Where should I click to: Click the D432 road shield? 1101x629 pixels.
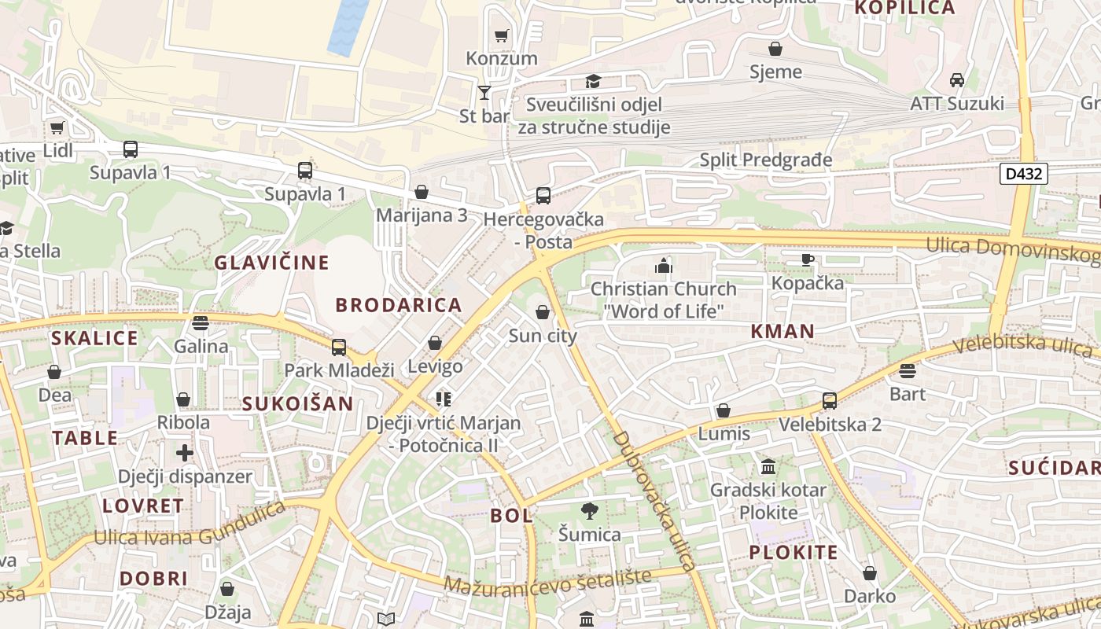click(x=1024, y=173)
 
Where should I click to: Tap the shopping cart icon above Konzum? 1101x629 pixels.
click(x=501, y=35)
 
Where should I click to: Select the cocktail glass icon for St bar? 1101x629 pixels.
click(x=484, y=93)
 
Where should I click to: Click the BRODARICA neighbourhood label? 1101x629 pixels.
click(x=399, y=305)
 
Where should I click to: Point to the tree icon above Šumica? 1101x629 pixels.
click(x=589, y=512)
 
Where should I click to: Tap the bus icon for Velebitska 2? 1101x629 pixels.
click(x=830, y=401)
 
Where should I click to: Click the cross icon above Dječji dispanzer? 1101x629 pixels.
click(x=185, y=453)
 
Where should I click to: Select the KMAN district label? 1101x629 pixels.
click(x=782, y=331)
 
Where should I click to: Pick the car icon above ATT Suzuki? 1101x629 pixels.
click(x=957, y=80)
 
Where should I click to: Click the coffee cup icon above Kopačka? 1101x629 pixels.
click(x=807, y=259)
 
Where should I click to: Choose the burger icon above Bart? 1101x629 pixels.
click(x=908, y=370)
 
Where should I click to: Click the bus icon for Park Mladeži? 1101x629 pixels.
click(x=339, y=347)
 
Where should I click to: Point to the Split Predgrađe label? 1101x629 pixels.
click(x=765, y=160)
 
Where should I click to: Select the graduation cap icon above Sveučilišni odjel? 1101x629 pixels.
click(x=593, y=81)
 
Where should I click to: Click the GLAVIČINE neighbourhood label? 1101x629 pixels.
click(x=272, y=263)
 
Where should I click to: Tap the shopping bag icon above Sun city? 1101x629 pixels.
click(x=543, y=312)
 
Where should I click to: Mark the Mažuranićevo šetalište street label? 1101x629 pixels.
click(x=548, y=582)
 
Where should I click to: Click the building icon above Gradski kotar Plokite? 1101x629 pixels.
click(x=768, y=467)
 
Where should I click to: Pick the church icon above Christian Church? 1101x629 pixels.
click(x=664, y=266)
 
